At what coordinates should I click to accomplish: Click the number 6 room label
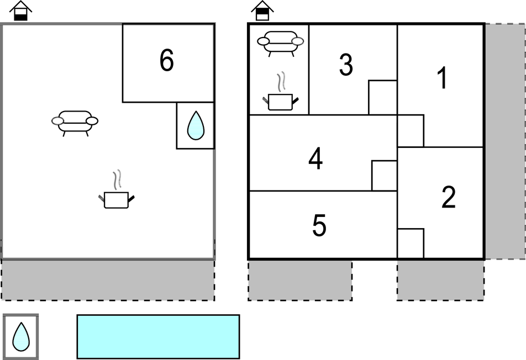pyautogui.click(x=166, y=61)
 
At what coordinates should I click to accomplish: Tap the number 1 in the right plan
pyautogui.click(x=442, y=79)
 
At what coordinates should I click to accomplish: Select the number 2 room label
pyautogui.click(x=448, y=198)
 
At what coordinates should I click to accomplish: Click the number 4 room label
pyautogui.click(x=315, y=160)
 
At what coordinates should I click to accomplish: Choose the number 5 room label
pyautogui.click(x=319, y=225)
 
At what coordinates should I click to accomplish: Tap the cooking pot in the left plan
pyautogui.click(x=117, y=197)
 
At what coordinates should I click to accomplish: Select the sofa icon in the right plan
pyautogui.click(x=281, y=43)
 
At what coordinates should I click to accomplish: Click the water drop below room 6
pyautogui.click(x=196, y=125)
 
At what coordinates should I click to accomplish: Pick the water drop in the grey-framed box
pyautogui.click(x=21, y=336)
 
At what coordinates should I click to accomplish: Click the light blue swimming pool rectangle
pyautogui.click(x=158, y=336)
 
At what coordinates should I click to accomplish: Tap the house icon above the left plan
pyautogui.click(x=21, y=10)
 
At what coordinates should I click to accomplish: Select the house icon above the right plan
pyautogui.click(x=262, y=10)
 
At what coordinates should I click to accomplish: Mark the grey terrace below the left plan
pyautogui.click(x=108, y=280)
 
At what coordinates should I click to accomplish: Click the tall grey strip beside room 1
pyautogui.click(x=504, y=141)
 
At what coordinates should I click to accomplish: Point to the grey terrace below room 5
pyautogui.click(x=300, y=280)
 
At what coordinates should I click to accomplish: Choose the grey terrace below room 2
pyautogui.click(x=440, y=280)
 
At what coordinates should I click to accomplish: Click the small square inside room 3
pyautogui.click(x=383, y=97)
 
